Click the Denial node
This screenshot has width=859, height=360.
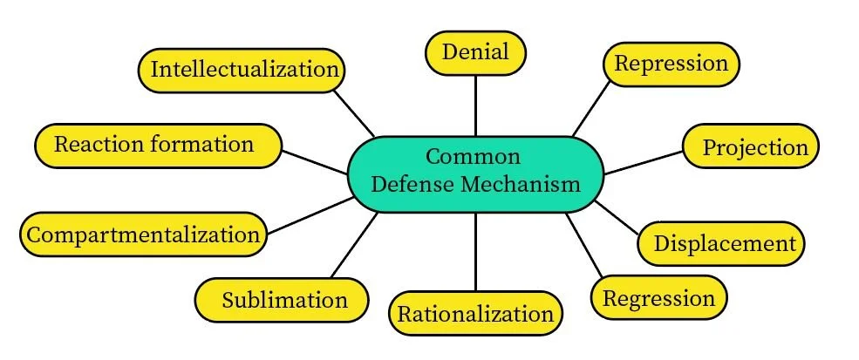(475, 52)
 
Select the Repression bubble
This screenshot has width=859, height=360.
(671, 64)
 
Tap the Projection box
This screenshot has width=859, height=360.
(749, 146)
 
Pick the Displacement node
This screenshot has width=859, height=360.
(724, 243)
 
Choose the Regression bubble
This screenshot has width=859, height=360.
(658, 298)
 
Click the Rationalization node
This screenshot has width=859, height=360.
(475, 314)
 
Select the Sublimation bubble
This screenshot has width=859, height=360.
(283, 301)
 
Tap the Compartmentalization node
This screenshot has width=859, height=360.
(143, 234)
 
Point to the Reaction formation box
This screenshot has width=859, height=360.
(158, 144)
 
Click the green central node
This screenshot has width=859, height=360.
(475, 172)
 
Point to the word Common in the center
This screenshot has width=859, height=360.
(474, 157)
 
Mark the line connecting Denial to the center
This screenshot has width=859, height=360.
(475, 105)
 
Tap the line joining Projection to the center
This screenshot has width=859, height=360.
(644, 161)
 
